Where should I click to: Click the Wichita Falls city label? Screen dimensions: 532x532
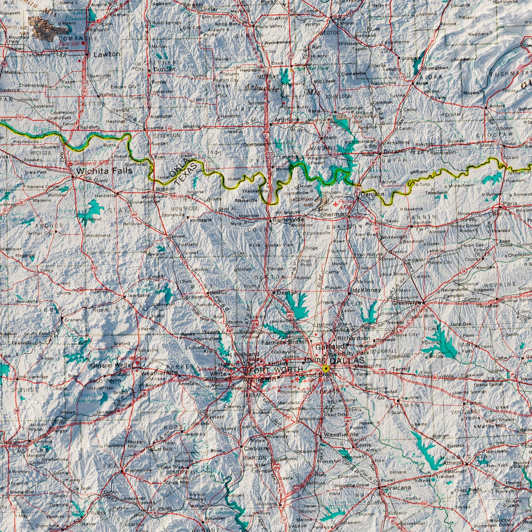[x=104, y=171]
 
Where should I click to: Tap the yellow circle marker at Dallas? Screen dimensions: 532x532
[x=325, y=369]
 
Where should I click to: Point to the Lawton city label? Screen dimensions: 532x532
[x=107, y=54]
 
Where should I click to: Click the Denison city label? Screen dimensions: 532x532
[x=372, y=194]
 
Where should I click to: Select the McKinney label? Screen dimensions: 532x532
[x=366, y=290]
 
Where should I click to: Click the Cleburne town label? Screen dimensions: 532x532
[x=257, y=449]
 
